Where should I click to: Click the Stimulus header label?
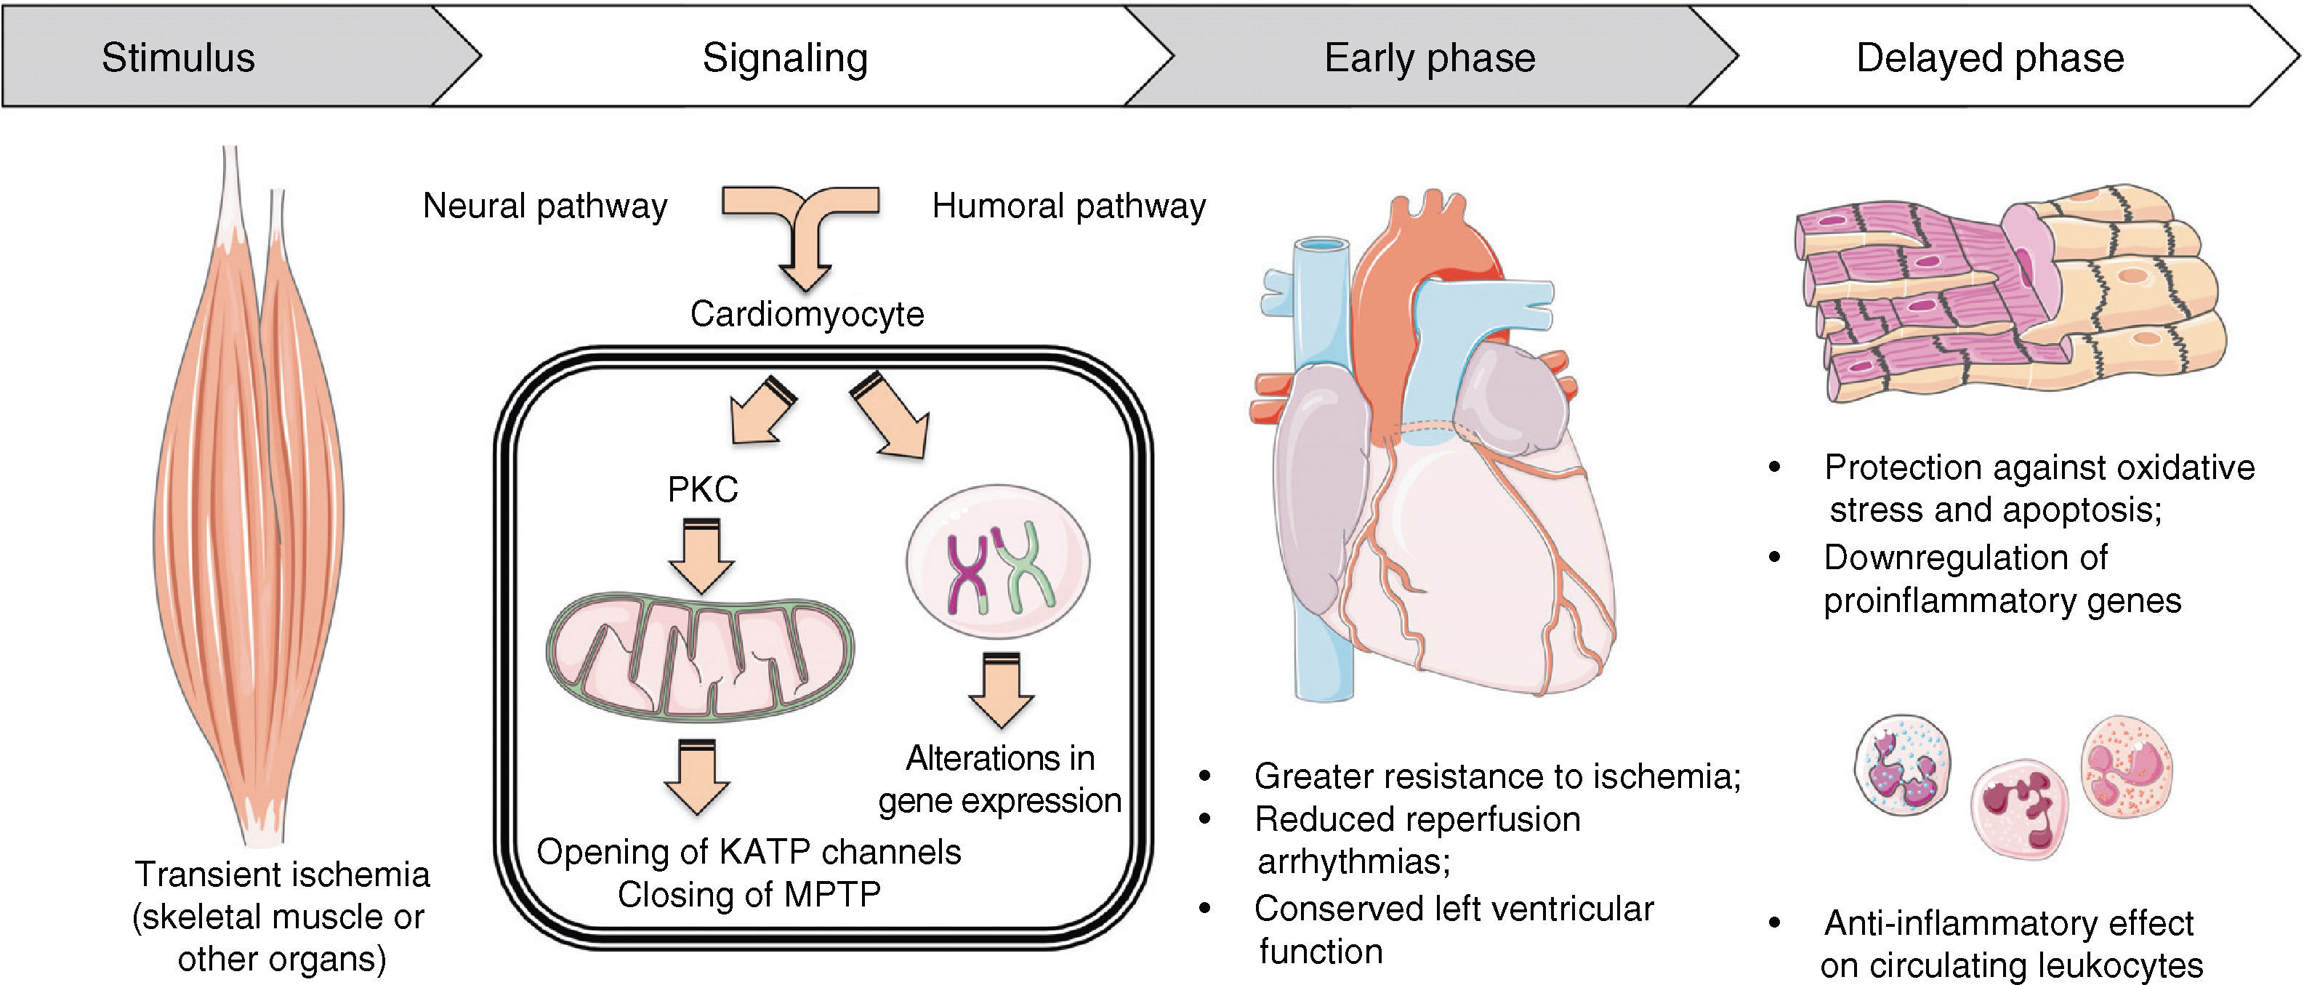pos(178,58)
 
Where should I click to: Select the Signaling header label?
pos(784,58)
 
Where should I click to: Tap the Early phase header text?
pos(1429,58)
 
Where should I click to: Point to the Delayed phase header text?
pos(1989,58)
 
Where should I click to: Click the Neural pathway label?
pos(544,206)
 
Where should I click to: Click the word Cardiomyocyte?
pos(807,314)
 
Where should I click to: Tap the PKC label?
pos(703,489)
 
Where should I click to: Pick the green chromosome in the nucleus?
pos(1025,567)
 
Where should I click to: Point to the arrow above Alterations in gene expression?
pos(1001,690)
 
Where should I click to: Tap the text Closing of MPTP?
pos(749,893)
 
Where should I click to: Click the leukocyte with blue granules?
pos(1901,765)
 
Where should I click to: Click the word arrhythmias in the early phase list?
pos(1353,861)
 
